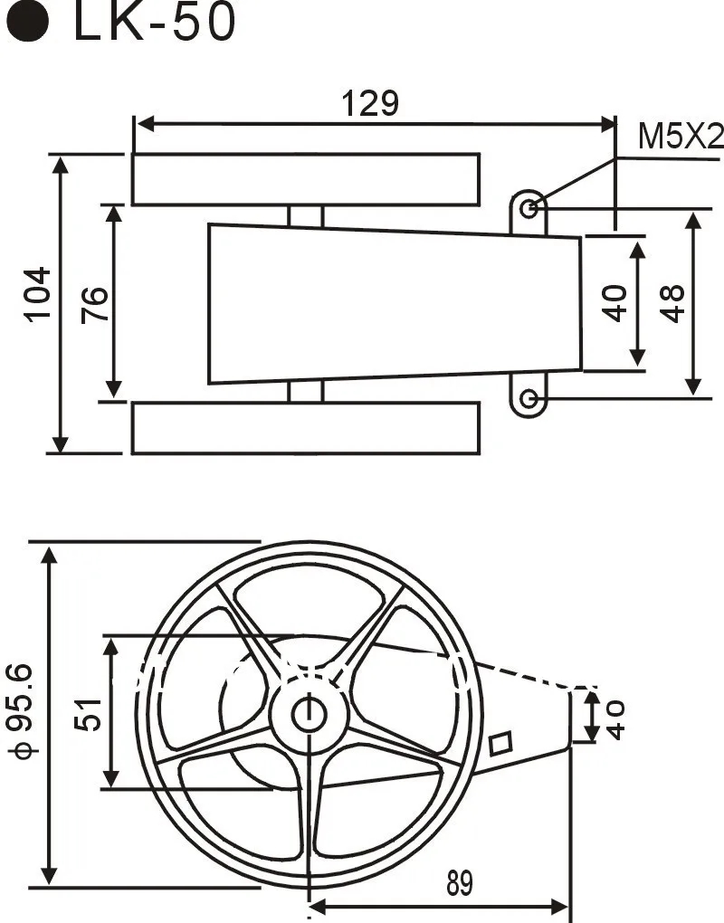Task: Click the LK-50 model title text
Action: [154, 24]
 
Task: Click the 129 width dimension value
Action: [370, 104]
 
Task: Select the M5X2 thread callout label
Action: [681, 137]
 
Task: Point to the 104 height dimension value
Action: [37, 294]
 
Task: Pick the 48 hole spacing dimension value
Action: [672, 303]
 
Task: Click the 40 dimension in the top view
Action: [615, 303]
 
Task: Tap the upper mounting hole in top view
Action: [531, 208]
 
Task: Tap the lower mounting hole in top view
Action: [531, 399]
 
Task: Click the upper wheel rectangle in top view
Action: [306, 179]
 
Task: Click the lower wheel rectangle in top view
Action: [306, 428]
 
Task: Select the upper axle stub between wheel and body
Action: [306, 215]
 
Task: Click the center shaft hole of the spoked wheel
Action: [310, 715]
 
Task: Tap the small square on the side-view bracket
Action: [500, 744]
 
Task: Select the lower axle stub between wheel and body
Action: [306, 392]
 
